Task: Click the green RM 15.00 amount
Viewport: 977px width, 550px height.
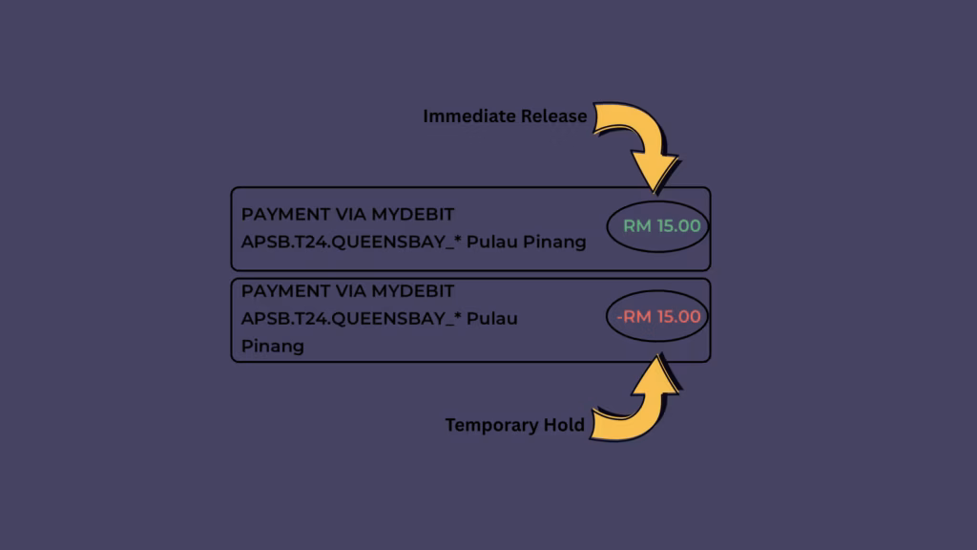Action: (x=662, y=226)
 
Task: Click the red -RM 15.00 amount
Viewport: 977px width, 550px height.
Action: (x=658, y=317)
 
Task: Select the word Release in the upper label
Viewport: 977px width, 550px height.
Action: (x=554, y=116)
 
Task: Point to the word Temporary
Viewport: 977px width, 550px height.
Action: (x=492, y=425)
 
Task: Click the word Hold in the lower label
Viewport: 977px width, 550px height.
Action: (x=564, y=425)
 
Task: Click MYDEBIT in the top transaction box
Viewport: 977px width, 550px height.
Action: (x=412, y=214)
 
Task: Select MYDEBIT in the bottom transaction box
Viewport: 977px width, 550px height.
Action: (x=412, y=290)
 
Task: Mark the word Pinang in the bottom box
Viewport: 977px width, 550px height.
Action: (x=272, y=346)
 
